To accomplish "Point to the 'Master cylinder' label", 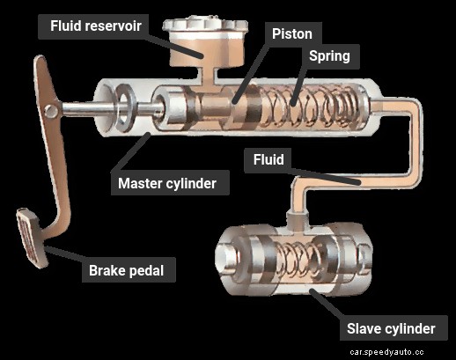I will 173,184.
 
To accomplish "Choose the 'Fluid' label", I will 268,162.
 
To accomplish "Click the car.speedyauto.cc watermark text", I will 400,351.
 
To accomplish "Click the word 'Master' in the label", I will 143,184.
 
